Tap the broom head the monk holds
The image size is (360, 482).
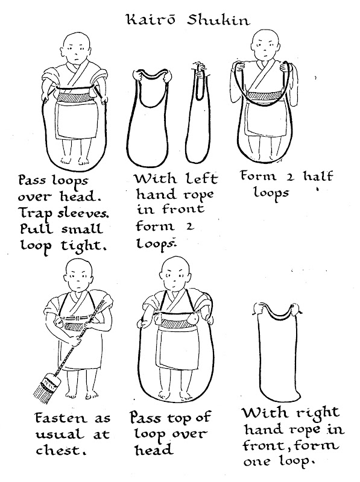(x=45, y=387)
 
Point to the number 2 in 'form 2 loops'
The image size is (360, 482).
(x=190, y=227)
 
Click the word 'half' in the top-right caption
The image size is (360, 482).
(x=318, y=176)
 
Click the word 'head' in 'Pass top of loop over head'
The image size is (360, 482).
(x=154, y=450)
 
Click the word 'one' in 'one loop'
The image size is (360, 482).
(x=258, y=462)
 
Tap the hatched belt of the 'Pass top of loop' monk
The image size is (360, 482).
(x=174, y=324)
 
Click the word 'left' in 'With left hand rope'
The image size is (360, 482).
(x=201, y=178)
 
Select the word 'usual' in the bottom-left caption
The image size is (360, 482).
(x=60, y=434)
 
